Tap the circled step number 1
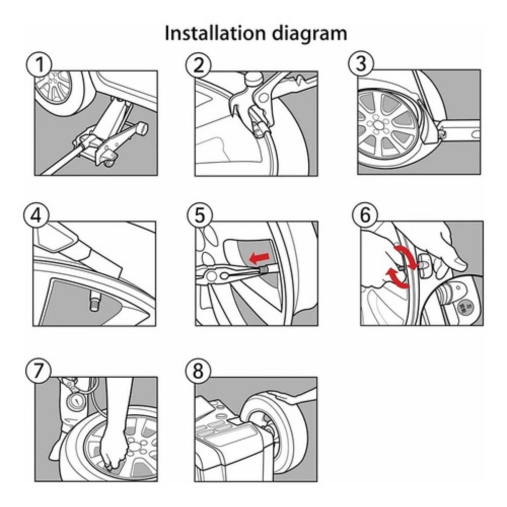tap(39, 64)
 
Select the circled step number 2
tap(198, 64)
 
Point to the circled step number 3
tap(361, 64)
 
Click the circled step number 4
tap(36, 215)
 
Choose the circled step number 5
tap(200, 215)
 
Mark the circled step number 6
tap(365, 214)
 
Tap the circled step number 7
tap(38, 370)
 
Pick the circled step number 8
tap(198, 370)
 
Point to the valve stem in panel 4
tap(94, 301)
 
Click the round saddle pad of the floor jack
tap(141, 129)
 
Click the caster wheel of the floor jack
tap(110, 162)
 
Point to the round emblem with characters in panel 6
tap(464, 308)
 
